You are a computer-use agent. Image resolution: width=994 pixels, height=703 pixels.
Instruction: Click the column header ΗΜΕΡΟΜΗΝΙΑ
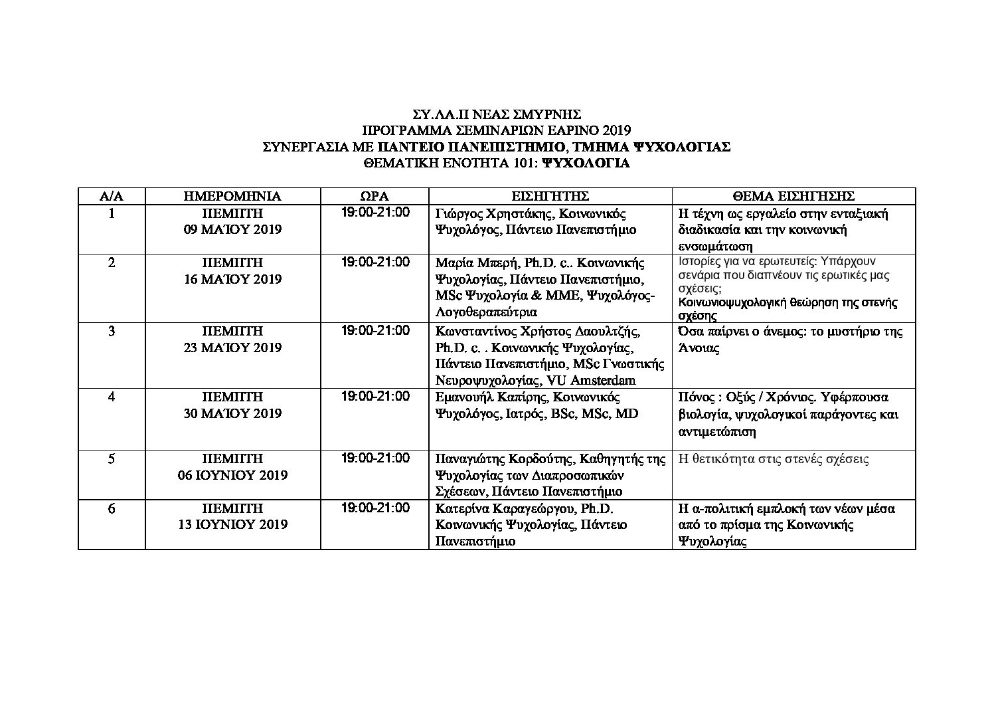pyautogui.click(x=232, y=196)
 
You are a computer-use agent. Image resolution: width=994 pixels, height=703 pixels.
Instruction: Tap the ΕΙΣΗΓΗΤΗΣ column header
pyautogui.click(x=550, y=196)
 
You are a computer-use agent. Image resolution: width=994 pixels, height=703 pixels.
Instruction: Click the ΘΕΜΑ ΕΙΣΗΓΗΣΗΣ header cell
pyautogui.click(x=793, y=196)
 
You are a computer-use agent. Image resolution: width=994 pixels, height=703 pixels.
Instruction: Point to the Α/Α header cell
pyautogui.click(x=112, y=196)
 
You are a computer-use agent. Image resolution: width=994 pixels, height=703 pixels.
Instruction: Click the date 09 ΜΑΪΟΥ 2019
pyautogui.click(x=232, y=230)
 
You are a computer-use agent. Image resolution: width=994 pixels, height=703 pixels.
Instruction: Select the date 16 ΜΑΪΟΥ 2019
pyautogui.click(x=232, y=279)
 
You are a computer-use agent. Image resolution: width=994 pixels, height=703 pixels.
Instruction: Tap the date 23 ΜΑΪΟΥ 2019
pyautogui.click(x=232, y=348)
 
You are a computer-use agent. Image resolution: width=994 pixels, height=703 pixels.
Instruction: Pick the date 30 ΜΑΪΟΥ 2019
pyautogui.click(x=232, y=413)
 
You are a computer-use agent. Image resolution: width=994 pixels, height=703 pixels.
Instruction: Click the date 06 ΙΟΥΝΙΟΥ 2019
pyautogui.click(x=232, y=475)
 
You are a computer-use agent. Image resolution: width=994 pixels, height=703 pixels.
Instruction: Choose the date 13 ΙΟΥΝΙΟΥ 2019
pyautogui.click(x=232, y=524)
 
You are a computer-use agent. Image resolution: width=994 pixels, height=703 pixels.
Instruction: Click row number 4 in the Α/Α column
pyautogui.click(x=112, y=397)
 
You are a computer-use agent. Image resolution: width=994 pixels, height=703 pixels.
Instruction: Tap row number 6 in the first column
pyautogui.click(x=112, y=508)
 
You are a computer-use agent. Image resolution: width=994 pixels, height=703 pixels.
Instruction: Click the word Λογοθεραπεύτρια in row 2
pyautogui.click(x=486, y=312)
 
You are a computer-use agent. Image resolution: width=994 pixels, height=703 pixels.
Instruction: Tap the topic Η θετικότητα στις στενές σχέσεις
pyautogui.click(x=774, y=459)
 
